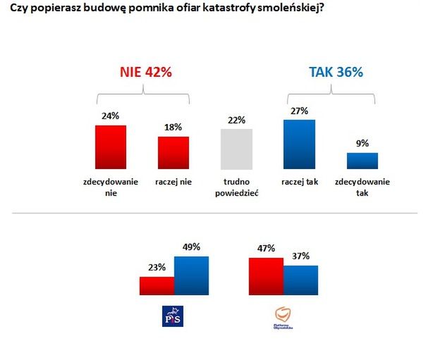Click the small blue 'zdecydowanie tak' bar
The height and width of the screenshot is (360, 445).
pyautogui.click(x=362, y=161)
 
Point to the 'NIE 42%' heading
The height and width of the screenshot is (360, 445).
pyautogui.click(x=144, y=72)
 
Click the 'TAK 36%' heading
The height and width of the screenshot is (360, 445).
pyautogui.click(x=336, y=72)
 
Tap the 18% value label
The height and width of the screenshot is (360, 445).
pyautogui.click(x=173, y=128)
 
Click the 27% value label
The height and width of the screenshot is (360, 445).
pyautogui.click(x=299, y=111)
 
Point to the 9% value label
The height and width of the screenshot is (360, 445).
pyautogui.click(x=362, y=144)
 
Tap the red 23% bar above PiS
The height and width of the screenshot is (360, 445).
pyautogui.click(x=157, y=285)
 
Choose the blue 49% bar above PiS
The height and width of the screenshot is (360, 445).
pyautogui.click(x=192, y=275)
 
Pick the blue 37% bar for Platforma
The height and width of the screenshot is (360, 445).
pyautogui.click(x=301, y=280)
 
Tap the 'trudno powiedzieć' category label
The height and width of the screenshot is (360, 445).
pyautogui.click(x=236, y=187)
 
